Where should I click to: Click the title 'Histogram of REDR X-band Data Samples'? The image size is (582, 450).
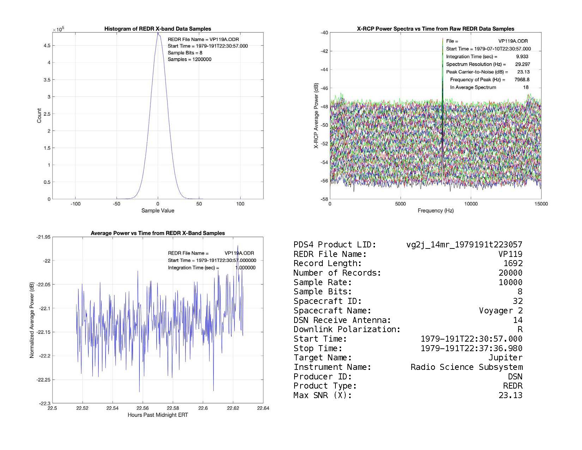(158, 29)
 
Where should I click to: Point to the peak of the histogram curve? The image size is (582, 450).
(158, 33)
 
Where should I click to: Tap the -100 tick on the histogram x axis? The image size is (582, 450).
(75, 204)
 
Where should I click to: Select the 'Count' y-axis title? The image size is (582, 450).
(39, 116)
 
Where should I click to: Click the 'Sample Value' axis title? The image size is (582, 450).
(158, 211)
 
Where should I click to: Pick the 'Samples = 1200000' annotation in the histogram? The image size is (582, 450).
(189, 59)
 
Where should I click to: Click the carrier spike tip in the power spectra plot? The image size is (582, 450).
(442, 38)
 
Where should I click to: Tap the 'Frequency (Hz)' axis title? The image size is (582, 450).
(436, 211)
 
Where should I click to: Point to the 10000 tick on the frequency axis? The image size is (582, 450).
(471, 204)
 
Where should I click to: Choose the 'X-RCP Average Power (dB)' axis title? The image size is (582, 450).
(316, 116)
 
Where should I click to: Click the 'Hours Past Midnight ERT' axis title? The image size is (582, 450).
(158, 415)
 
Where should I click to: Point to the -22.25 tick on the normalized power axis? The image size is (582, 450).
(43, 380)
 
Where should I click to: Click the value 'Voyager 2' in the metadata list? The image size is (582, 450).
(501, 311)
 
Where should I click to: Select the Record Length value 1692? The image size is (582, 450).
(513, 264)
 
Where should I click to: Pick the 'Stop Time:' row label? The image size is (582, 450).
(318, 349)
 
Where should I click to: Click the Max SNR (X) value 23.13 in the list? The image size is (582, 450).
(510, 395)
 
